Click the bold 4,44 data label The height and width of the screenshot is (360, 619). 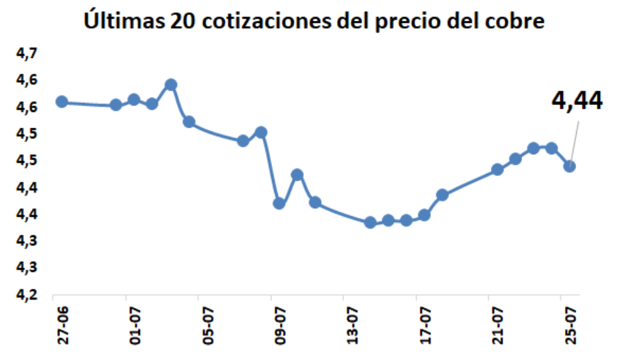577,102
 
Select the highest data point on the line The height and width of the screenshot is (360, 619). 171,85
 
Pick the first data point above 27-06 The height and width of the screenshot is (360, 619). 62,102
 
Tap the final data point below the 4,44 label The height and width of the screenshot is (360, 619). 570,166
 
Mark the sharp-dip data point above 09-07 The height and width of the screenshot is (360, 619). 279,204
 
